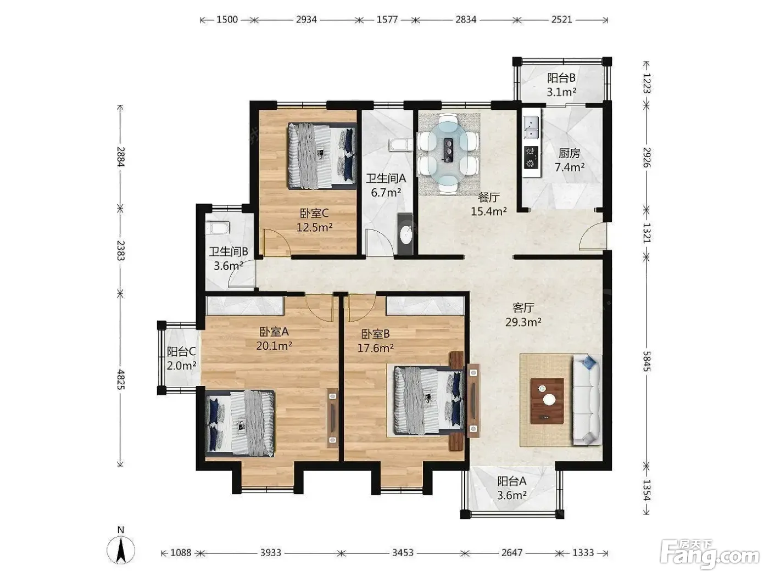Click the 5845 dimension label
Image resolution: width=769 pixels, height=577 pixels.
[647, 362]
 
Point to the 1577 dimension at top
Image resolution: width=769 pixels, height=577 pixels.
[387, 20]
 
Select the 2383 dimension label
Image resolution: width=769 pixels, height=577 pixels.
[120, 250]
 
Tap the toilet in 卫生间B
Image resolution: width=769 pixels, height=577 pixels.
[218, 228]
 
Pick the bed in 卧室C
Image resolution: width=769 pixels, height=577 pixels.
[322, 156]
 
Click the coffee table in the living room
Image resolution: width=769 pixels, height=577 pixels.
[547, 401]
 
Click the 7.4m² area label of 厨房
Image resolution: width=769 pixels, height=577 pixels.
[569, 167]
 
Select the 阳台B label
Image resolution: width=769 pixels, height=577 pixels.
[561, 78]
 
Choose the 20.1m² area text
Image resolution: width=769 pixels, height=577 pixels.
[274, 346]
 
